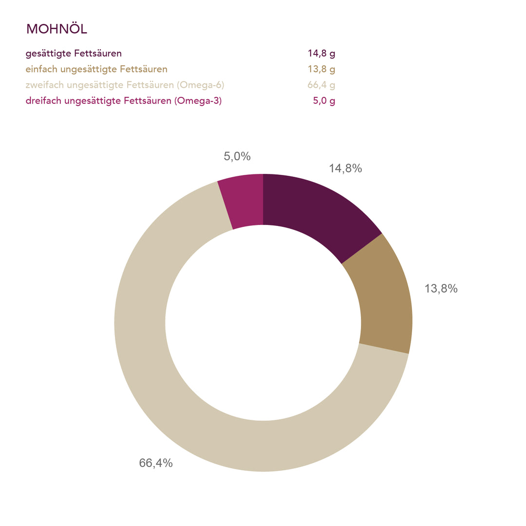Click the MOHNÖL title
coord(56,29)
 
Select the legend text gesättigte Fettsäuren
coord(74,54)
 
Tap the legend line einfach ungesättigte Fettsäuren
coord(96,69)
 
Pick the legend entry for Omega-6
coord(125,85)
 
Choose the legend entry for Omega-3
coord(124,101)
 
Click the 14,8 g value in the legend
coord(321,54)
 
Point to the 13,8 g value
coord(321,69)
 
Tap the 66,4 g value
coord(321,85)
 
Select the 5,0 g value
coord(324,101)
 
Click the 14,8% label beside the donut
coord(345,169)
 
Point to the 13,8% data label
coord(441,288)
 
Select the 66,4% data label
coord(156,463)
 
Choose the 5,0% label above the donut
coord(237,156)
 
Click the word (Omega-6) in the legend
coord(201,85)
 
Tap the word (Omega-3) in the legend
coord(198,101)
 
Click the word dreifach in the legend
coord(40,101)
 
